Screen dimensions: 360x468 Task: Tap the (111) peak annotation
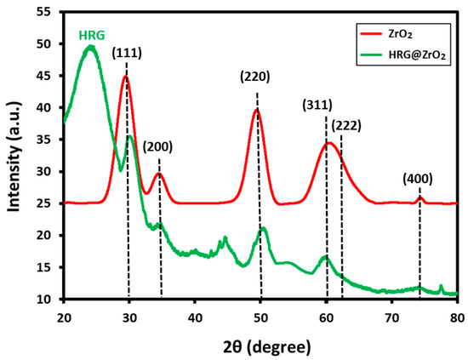127,54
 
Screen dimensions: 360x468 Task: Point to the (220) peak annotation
255,77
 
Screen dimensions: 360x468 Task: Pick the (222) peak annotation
347,126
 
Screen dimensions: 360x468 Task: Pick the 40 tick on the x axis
195,314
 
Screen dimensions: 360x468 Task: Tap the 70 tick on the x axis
391,314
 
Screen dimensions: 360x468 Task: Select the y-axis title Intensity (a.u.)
16,155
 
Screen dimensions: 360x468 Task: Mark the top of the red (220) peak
256,109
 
